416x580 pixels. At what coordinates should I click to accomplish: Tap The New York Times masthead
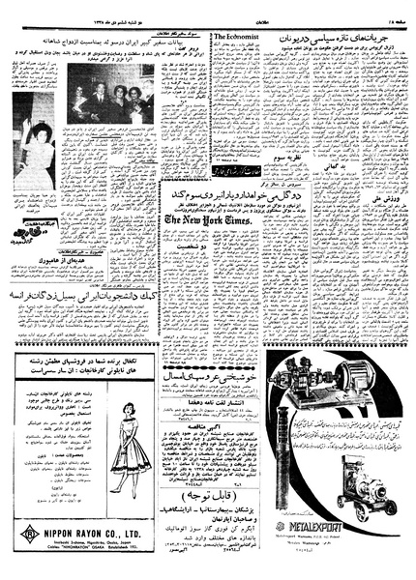[x=207, y=221]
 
